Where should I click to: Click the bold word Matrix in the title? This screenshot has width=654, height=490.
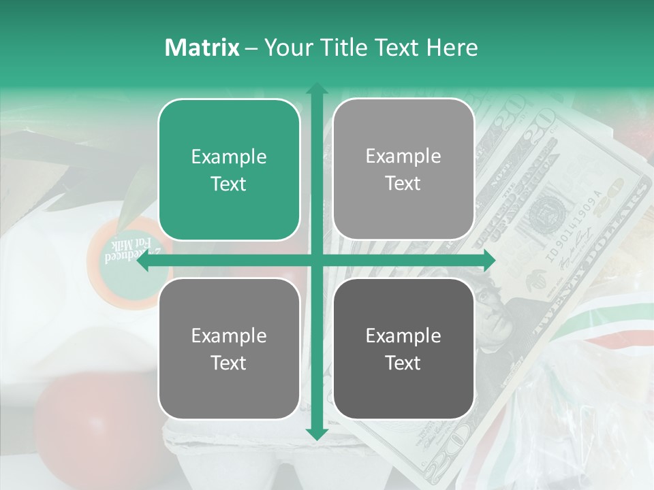(202, 48)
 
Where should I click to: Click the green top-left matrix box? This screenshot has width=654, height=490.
(229, 169)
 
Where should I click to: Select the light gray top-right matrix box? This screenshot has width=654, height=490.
(403, 169)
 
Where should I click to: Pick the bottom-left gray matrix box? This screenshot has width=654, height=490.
(229, 348)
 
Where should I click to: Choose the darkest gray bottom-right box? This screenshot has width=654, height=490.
(403, 348)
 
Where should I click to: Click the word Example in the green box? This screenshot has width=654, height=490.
(229, 157)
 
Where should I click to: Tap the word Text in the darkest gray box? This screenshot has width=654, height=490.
(403, 363)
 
